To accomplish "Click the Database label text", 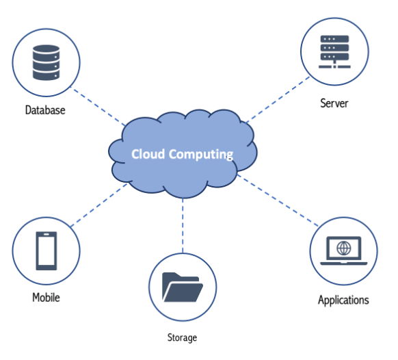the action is tap(45, 110).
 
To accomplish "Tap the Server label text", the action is tap(334, 103).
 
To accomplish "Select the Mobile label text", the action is tap(46, 297).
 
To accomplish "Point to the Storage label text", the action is tap(182, 337).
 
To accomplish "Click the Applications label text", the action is tap(343, 300).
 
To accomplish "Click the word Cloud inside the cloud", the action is tap(148, 154).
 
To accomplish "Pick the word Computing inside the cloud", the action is tap(201, 155).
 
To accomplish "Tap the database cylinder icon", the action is tap(47, 62).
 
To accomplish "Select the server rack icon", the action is tap(334, 51).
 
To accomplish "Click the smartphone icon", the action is tap(47, 250).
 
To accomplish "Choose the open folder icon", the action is tap(183, 287).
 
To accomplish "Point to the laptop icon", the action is tap(344, 250).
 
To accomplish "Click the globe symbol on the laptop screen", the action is tap(344, 248).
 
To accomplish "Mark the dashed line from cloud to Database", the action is tap(98, 106).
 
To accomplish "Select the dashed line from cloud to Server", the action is tap(278, 99).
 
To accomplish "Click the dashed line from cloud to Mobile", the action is tap(98, 205).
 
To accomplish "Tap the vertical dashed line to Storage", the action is tap(183, 226).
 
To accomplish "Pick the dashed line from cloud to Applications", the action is tap(278, 201).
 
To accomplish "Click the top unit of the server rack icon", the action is tap(334, 39).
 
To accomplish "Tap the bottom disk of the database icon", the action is tap(47, 75).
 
